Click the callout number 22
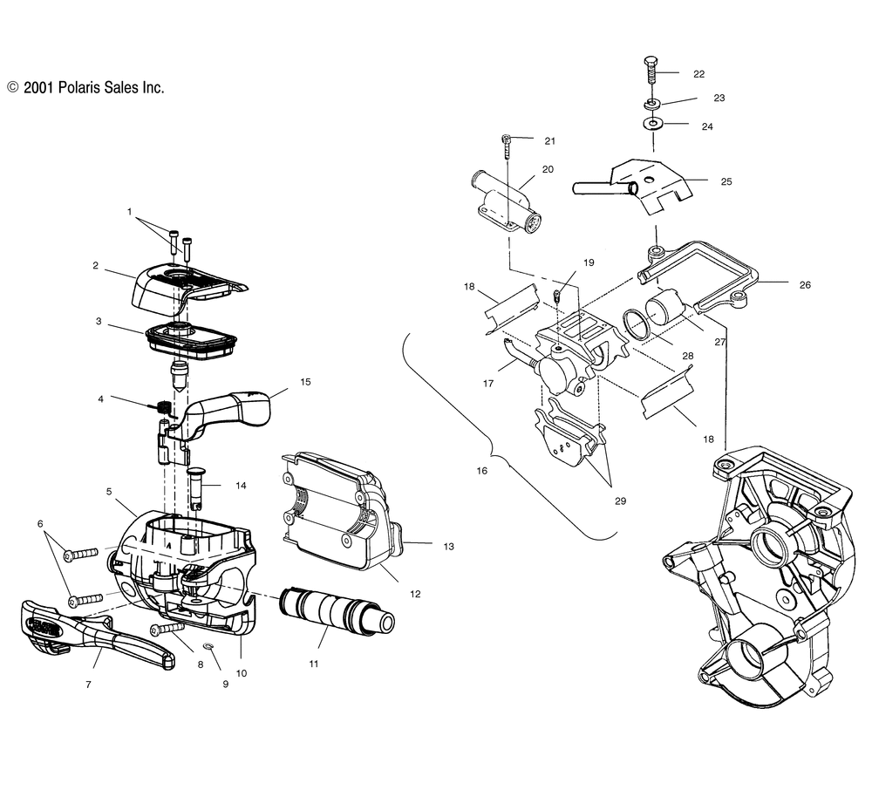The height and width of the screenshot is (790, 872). pyautogui.click(x=699, y=74)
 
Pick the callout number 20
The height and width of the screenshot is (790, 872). pyautogui.click(x=548, y=169)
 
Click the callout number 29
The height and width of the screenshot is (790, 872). pyautogui.click(x=620, y=501)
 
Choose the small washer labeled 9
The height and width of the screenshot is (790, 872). pyautogui.click(x=209, y=647)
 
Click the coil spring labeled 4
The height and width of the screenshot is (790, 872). pyautogui.click(x=162, y=405)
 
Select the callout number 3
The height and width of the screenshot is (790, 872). pyautogui.click(x=99, y=321)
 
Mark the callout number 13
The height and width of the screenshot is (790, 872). pyautogui.click(x=449, y=547)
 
